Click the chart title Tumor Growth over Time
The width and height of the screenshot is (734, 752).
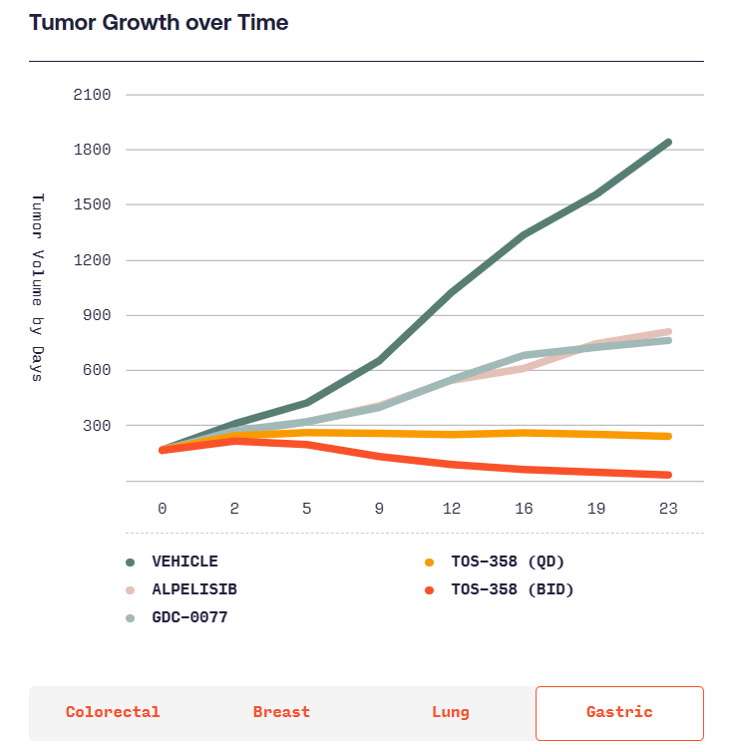[x=159, y=23]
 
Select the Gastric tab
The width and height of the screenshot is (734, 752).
[x=619, y=712]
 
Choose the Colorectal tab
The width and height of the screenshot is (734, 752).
[x=113, y=712]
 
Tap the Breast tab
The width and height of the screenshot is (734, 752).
[x=281, y=712]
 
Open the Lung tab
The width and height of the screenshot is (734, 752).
[x=451, y=712]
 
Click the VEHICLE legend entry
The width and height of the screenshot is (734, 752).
[x=184, y=562]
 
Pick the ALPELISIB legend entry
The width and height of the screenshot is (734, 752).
[x=193, y=589]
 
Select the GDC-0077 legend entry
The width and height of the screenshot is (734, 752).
[x=189, y=617]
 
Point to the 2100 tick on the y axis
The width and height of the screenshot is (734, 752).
[x=92, y=95]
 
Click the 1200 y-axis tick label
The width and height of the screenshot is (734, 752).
[x=92, y=260]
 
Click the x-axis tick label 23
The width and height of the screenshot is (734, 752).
[x=668, y=508]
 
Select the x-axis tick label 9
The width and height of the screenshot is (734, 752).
[x=379, y=508]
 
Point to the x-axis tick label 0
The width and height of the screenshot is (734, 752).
[x=162, y=508]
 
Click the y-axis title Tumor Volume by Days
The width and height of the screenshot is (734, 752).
[x=38, y=287]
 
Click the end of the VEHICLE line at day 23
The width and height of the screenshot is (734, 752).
[x=667, y=143]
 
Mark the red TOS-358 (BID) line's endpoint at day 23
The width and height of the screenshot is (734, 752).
[x=667, y=475]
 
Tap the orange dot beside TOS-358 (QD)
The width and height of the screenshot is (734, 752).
[x=430, y=562]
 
